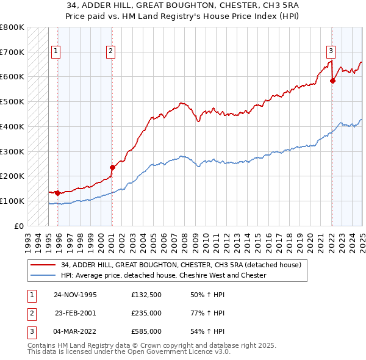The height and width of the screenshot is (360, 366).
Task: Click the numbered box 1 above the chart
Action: [56, 52]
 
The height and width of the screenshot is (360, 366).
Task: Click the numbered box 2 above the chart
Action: [110, 52]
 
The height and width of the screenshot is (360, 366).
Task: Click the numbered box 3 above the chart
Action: [330, 52]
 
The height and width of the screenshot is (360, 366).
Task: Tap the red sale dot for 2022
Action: [332, 80]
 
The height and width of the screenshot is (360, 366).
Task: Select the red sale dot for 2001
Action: [112, 167]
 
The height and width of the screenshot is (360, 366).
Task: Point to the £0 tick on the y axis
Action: [20, 226]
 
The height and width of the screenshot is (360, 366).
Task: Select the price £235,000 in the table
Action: [146, 313]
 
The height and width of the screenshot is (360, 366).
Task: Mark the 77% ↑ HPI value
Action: [208, 313]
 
